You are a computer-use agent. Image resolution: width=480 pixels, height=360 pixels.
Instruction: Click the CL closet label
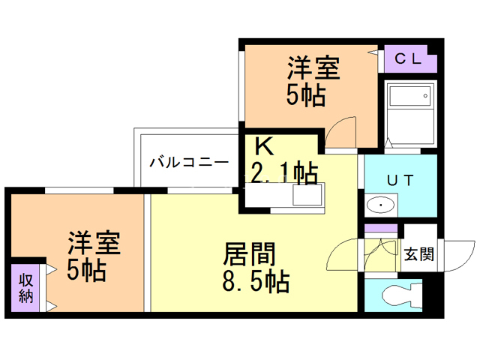(408, 58)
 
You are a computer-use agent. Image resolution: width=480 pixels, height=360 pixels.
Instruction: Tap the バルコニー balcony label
(188, 161)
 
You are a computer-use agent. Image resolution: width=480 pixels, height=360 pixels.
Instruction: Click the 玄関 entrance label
(418, 253)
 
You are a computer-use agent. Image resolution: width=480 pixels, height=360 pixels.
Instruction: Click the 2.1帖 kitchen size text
(282, 173)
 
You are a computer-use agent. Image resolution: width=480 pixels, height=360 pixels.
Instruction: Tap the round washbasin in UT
(382, 205)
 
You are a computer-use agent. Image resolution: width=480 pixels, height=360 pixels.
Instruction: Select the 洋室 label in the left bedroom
(94, 243)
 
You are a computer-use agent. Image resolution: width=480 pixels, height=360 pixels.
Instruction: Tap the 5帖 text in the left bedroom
(86, 270)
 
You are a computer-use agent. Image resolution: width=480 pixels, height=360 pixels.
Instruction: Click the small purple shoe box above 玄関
(381, 227)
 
